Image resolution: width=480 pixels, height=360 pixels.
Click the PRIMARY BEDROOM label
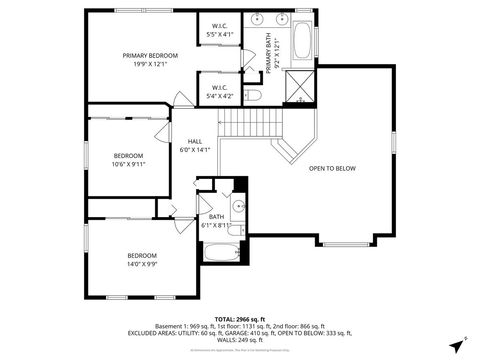click(150, 60)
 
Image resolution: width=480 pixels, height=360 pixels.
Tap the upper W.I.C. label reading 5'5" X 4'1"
click(220, 30)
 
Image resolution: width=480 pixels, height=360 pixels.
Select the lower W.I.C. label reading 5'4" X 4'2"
click(220, 92)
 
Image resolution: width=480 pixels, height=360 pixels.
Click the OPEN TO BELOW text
click(332, 168)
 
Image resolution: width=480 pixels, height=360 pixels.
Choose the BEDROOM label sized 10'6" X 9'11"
click(128, 160)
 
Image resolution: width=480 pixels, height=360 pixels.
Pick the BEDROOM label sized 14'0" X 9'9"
click(141, 259)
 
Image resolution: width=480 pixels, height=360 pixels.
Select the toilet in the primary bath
click(253, 95)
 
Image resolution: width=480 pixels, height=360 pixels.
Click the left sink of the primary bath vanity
click(256, 19)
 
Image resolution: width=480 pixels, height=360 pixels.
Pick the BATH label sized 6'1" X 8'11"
click(217, 221)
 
